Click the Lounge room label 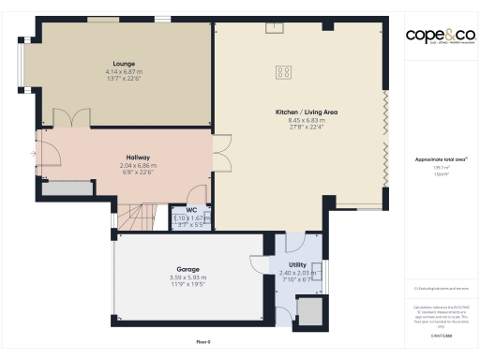tap(111, 64)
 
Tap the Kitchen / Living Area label tap(299, 112)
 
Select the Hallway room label tap(138, 157)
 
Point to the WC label tap(190, 210)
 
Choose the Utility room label tap(297, 266)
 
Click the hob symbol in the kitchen tap(282, 71)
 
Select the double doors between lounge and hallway tap(71, 119)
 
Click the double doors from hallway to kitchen tap(221, 151)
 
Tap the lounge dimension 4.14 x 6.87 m tap(112, 72)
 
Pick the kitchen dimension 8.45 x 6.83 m tap(299, 120)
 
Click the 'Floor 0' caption tap(202, 341)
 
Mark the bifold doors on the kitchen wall tap(384, 131)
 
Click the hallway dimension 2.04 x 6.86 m tap(138, 165)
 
